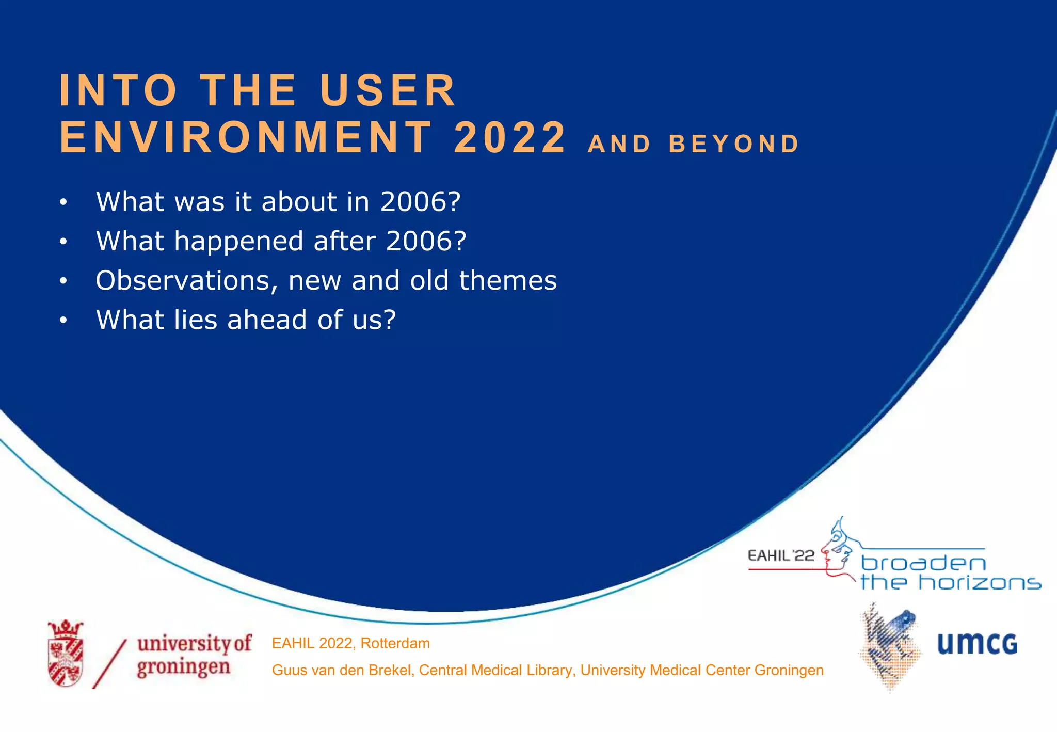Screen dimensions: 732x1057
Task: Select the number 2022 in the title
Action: pos(510,138)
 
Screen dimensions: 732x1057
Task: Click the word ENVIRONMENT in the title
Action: pos(246,138)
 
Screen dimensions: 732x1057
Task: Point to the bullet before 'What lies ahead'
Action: pos(63,321)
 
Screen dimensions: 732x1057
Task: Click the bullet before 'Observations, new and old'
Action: pos(63,281)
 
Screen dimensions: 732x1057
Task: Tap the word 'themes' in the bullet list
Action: pos(508,281)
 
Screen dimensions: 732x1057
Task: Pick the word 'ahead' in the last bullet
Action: pos(267,320)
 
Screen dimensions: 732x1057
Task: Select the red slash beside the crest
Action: pos(109,664)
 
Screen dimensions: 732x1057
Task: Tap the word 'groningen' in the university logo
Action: pos(183,667)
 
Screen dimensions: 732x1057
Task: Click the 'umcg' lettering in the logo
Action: pos(976,644)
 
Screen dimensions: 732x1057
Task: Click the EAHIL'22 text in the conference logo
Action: pos(780,556)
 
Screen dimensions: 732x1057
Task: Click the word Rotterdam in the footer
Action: pos(395,644)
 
